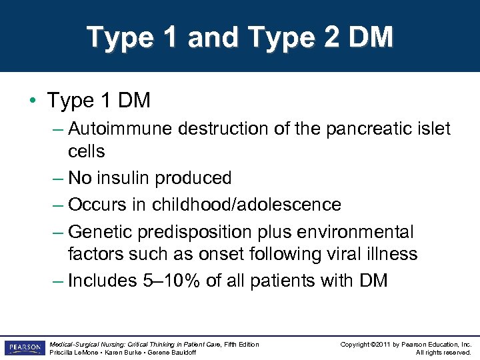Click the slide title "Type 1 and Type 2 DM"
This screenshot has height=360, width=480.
coord(240,37)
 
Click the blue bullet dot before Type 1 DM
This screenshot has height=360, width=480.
coord(33,101)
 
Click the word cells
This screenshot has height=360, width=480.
coord(86,151)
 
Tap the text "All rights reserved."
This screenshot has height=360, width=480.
coord(443,353)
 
